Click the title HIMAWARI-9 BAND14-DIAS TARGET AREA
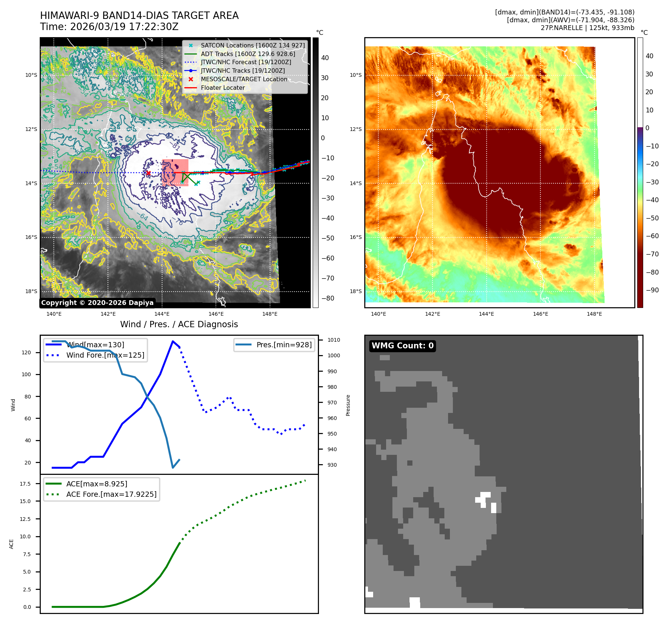click(x=139, y=16)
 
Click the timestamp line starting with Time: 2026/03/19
click(x=109, y=27)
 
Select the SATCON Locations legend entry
click(x=252, y=45)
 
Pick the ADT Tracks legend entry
click(x=248, y=54)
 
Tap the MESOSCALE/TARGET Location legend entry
click(x=244, y=79)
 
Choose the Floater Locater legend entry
click(x=223, y=88)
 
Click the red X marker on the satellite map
click(x=148, y=173)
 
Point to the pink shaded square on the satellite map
click(x=175, y=173)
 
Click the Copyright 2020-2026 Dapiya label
click(x=97, y=303)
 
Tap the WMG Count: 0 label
click(x=402, y=346)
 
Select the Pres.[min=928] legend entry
click(x=284, y=345)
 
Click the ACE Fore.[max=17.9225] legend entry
click(x=111, y=494)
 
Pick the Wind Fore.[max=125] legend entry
click(x=105, y=355)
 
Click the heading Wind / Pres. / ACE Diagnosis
click(x=179, y=324)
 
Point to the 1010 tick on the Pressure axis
click(x=333, y=340)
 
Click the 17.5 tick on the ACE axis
click(x=25, y=484)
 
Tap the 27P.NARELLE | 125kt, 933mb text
click(x=587, y=28)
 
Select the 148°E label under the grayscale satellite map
click(x=270, y=314)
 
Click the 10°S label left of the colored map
click(x=355, y=75)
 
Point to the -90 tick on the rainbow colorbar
click(x=652, y=290)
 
